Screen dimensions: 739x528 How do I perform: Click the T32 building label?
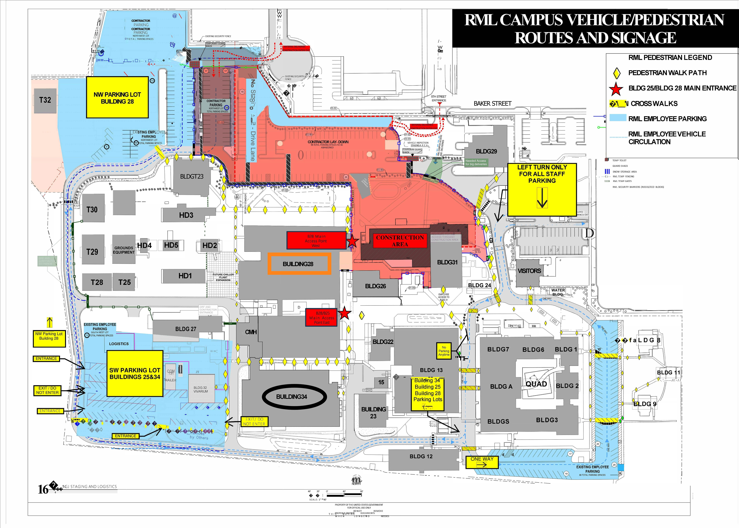pyautogui.click(x=45, y=100)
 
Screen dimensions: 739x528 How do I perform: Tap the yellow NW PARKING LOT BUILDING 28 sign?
pyautogui.click(x=117, y=98)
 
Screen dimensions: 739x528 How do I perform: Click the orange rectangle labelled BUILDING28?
pyautogui.click(x=299, y=264)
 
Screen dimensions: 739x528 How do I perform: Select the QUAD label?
pyautogui.click(x=536, y=384)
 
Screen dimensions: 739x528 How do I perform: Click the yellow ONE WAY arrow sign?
pyautogui.click(x=482, y=462)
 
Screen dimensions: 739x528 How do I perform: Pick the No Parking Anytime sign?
pyautogui.click(x=444, y=351)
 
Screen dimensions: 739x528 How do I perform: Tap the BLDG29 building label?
pyautogui.click(x=486, y=151)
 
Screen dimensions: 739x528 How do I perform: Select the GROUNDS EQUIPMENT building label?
pyautogui.click(x=124, y=250)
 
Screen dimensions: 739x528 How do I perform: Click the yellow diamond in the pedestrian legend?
pyautogui.click(x=616, y=73)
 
